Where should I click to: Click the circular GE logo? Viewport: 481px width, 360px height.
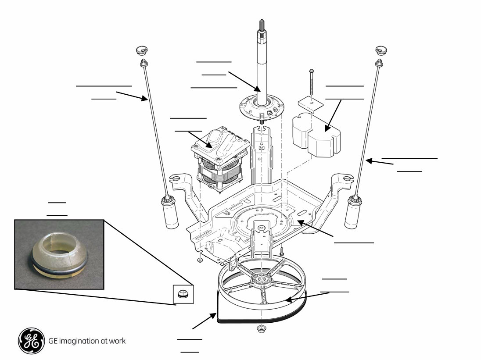31,341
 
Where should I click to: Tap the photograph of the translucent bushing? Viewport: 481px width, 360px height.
59,254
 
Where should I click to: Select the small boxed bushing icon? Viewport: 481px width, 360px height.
183,293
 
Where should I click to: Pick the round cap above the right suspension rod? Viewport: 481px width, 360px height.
379,50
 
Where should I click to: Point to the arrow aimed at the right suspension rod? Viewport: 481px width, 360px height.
380,163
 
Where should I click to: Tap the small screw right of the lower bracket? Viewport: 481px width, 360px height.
282,252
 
